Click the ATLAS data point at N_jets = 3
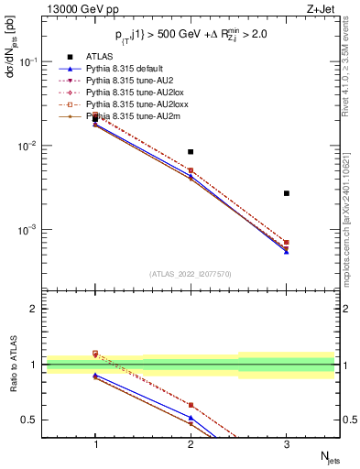tap(287, 193)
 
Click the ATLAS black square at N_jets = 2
tap(191, 152)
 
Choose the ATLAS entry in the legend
tap(101, 57)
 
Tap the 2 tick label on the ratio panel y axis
tap(34, 309)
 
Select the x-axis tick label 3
tap(287, 444)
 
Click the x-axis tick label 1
tap(95, 444)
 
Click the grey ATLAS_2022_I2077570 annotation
tap(191, 273)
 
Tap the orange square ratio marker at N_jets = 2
tap(191, 405)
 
